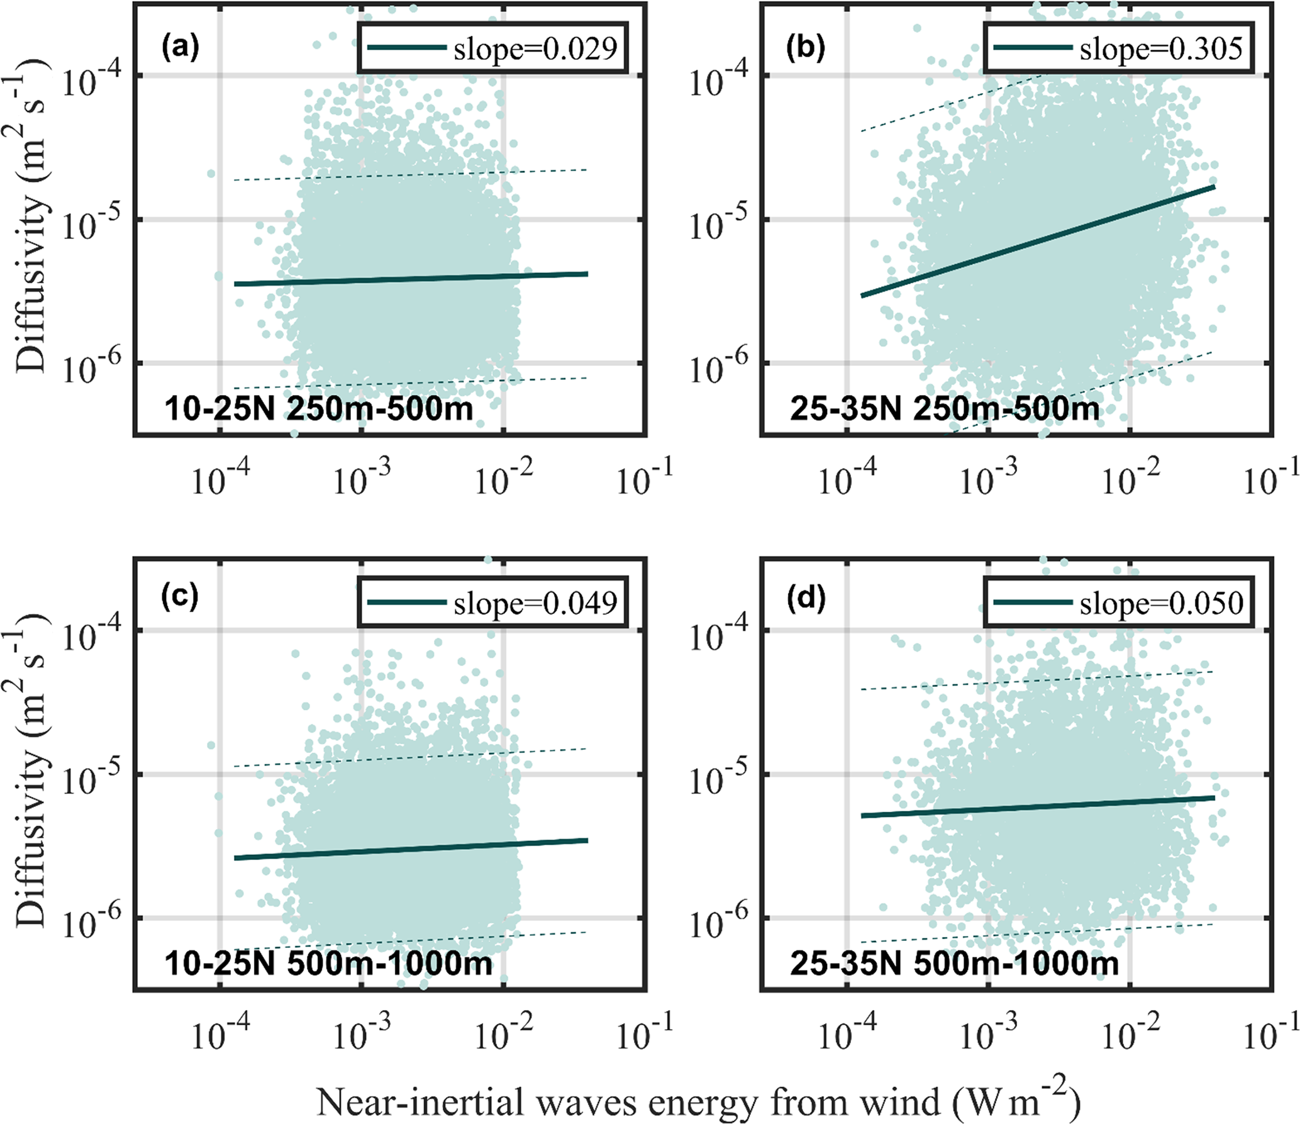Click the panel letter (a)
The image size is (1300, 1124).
(180, 48)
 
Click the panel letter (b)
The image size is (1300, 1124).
(807, 48)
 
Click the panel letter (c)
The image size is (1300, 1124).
(180, 597)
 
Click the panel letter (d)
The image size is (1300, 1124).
(807, 597)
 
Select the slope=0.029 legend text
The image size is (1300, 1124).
(535, 49)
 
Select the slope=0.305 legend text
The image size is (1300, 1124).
(1161, 49)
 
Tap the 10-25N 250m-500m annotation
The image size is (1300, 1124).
(318, 409)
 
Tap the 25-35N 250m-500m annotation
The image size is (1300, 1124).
(945, 409)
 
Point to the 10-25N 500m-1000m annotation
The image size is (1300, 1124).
(328, 963)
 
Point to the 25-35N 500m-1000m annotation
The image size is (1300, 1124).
(954, 963)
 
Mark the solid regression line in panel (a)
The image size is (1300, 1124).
(409, 279)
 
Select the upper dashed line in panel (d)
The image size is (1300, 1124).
(1038, 681)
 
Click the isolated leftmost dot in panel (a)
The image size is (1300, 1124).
(211, 173)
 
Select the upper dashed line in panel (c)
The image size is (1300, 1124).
(409, 758)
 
